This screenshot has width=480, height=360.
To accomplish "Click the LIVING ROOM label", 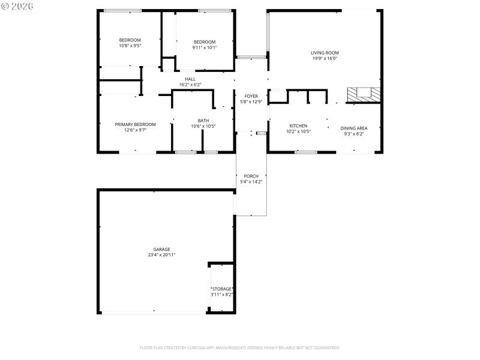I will click(x=325, y=53).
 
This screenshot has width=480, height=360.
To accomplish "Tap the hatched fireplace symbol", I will click(x=364, y=94).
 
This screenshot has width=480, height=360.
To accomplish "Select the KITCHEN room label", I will click(x=298, y=126).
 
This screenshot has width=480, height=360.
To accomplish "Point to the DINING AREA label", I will click(x=353, y=128).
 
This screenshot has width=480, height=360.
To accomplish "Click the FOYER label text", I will click(x=251, y=96).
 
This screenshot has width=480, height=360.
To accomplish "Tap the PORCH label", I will click(x=251, y=176).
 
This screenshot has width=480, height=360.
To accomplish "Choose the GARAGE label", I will click(x=161, y=249).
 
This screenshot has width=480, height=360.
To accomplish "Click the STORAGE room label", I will click(x=221, y=289).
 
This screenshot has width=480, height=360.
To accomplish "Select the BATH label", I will click(x=203, y=120).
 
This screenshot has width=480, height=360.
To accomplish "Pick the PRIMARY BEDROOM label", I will click(x=135, y=124).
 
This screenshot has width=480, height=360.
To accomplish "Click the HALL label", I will click(x=190, y=79).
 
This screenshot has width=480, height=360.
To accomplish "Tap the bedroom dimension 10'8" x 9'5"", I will click(x=130, y=46).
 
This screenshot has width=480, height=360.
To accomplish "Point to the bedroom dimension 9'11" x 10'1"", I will click(x=205, y=47).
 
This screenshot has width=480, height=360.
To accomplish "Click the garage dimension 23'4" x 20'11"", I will click(x=161, y=255).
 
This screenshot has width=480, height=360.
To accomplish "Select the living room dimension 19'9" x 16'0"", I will click(x=325, y=59).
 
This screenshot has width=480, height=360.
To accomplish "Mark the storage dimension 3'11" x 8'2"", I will click(x=221, y=295).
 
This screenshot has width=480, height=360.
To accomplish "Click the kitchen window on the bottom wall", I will click(x=306, y=152).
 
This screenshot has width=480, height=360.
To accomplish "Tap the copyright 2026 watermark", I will click(x=17, y=5).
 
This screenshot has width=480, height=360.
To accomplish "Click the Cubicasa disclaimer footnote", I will click(x=240, y=347).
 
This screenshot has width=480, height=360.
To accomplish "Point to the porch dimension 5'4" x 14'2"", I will click(x=251, y=181).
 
